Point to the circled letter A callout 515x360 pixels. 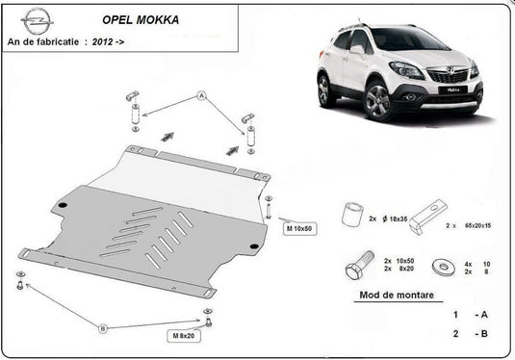click(202, 96)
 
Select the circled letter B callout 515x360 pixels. click(104, 329)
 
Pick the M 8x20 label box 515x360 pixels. click(183, 336)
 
